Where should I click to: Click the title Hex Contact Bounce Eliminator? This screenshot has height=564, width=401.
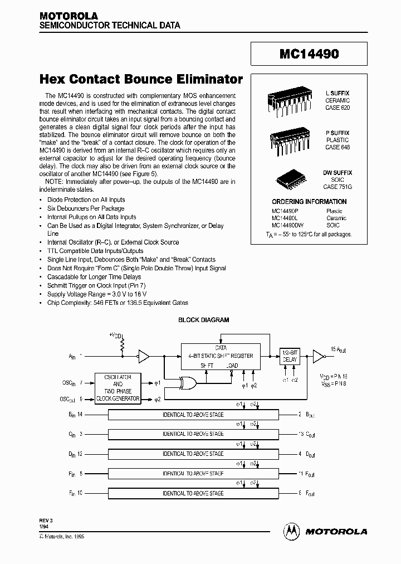pos(141,79)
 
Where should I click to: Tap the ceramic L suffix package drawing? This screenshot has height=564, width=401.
pos(287,102)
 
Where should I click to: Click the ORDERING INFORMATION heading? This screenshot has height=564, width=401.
pos(309,202)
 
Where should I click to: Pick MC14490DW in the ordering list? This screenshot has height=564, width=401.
pos(288,225)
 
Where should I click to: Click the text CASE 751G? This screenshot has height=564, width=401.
pos(338,187)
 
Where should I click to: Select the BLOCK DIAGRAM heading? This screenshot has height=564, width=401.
pos(203,320)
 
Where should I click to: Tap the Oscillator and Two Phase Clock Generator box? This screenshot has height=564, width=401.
pos(118,388)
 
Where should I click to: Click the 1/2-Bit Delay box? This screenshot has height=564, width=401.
pos(289,356)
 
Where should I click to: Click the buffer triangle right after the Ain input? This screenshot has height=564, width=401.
pos(144,355)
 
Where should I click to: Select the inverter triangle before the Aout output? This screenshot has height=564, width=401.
pos(317,355)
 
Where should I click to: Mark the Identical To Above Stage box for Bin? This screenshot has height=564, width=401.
pos(193,414)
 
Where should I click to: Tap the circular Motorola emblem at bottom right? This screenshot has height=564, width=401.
pos(291,532)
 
